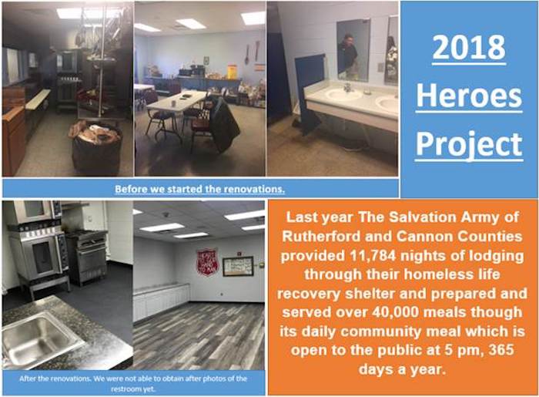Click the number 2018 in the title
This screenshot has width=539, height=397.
pos(469,48)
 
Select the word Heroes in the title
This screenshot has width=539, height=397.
pos(469,96)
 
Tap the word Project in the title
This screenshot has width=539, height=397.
pos(469,145)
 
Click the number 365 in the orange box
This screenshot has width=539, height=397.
pos(501,350)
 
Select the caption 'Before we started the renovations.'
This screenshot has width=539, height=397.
pos(199,189)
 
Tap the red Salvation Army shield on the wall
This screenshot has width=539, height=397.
pos(207,263)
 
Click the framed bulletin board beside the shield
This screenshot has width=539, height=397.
pos(238,266)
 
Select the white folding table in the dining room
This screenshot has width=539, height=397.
pos(176,103)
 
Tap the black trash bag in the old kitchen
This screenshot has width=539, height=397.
pos(97,147)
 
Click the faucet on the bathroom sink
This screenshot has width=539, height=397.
pos(348,87)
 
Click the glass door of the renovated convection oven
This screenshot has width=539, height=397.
pos(42,257)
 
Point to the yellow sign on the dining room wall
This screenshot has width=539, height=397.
pos(233,71)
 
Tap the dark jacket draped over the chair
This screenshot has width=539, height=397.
pos(223,125)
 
